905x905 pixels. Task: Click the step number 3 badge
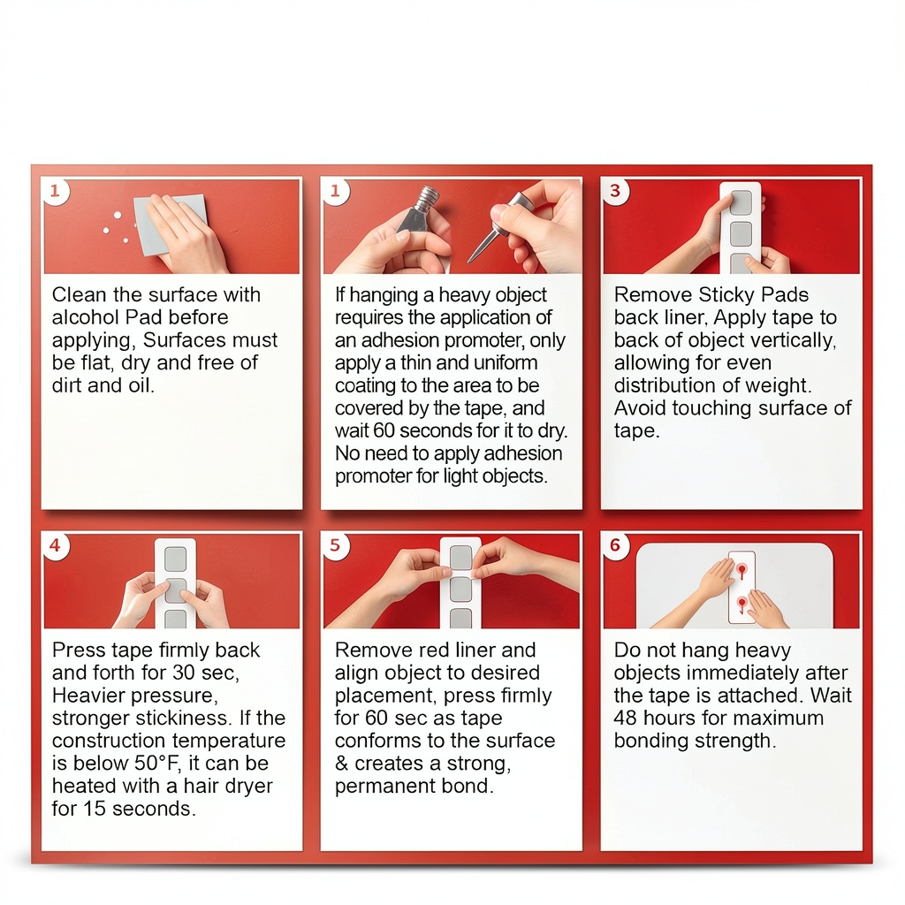(615, 191)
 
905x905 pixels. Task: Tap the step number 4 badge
(55, 545)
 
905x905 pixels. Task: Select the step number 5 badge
(335, 545)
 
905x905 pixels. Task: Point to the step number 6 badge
(615, 545)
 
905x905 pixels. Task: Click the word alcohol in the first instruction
(86, 317)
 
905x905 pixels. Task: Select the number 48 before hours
(626, 718)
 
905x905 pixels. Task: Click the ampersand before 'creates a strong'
(342, 763)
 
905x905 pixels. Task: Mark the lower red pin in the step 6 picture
(742, 605)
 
